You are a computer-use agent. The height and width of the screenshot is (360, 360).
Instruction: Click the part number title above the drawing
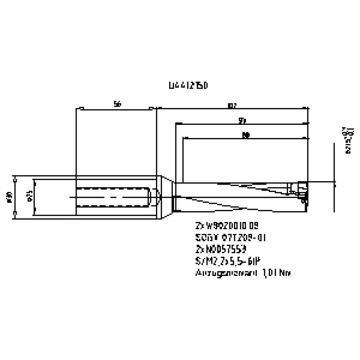pos(188,86)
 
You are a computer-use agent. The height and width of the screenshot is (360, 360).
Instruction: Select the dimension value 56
pos(117,104)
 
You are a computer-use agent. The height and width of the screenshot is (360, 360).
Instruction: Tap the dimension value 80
pos(245,135)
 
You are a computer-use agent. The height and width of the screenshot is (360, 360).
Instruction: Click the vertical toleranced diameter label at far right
pos(349,140)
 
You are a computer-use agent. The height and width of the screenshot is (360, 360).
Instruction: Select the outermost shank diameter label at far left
pos(10,197)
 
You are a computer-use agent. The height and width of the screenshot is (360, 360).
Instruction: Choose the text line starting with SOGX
pos(230,237)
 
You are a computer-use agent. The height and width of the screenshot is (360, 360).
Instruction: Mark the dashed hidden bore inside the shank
pos(113,197)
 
